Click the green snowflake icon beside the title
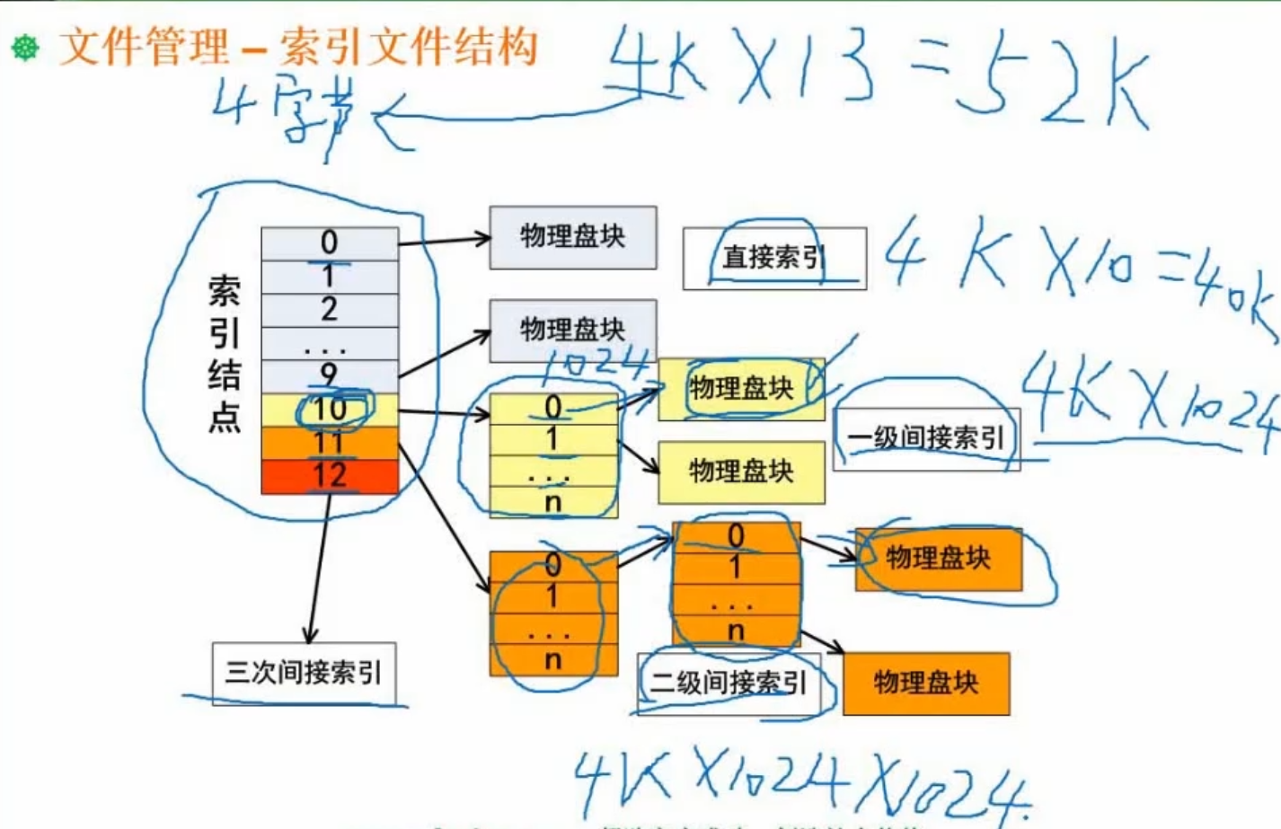pos(25,48)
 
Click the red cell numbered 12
pos(330,476)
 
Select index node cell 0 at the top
pos(330,243)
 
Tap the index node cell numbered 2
pos(330,310)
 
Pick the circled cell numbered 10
pos(330,410)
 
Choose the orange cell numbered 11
pos(330,443)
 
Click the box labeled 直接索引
pos(774,259)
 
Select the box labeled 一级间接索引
pos(926,438)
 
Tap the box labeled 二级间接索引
pos(728,683)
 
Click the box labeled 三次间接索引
pos(304,673)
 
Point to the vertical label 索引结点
pos(224,354)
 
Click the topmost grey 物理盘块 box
pos(573,237)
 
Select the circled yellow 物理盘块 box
pos(741,389)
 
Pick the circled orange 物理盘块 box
pos(939,559)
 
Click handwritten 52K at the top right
pos(1051,85)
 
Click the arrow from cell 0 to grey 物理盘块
pos(444,240)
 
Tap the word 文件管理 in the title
pos(144,47)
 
